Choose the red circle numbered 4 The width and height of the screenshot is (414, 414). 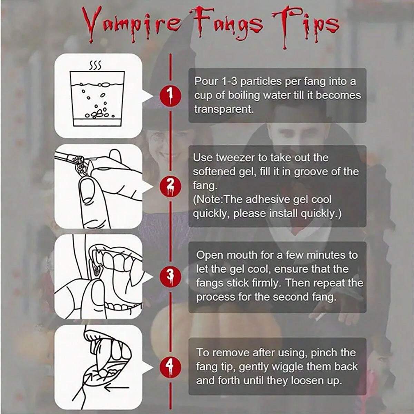[170, 366]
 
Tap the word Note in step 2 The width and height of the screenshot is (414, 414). [209, 200]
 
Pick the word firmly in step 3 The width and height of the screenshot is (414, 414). [264, 283]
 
